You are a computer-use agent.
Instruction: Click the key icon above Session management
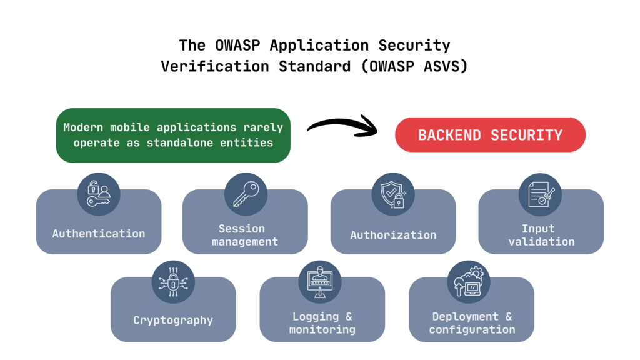tap(245, 194)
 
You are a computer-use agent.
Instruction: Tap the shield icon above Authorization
tap(392, 194)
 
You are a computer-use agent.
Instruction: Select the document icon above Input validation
tap(541, 194)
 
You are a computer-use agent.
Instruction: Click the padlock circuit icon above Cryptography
tap(173, 282)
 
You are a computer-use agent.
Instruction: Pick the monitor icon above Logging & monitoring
tap(320, 282)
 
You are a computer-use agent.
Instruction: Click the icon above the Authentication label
tap(98, 194)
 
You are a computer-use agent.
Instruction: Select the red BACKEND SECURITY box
tap(490, 135)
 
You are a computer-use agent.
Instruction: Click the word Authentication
tap(98, 234)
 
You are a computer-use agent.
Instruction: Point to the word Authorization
tap(393, 235)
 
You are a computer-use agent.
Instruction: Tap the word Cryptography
tap(173, 321)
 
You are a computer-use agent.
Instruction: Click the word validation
tap(541, 241)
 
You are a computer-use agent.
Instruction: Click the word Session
tap(241, 229)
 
